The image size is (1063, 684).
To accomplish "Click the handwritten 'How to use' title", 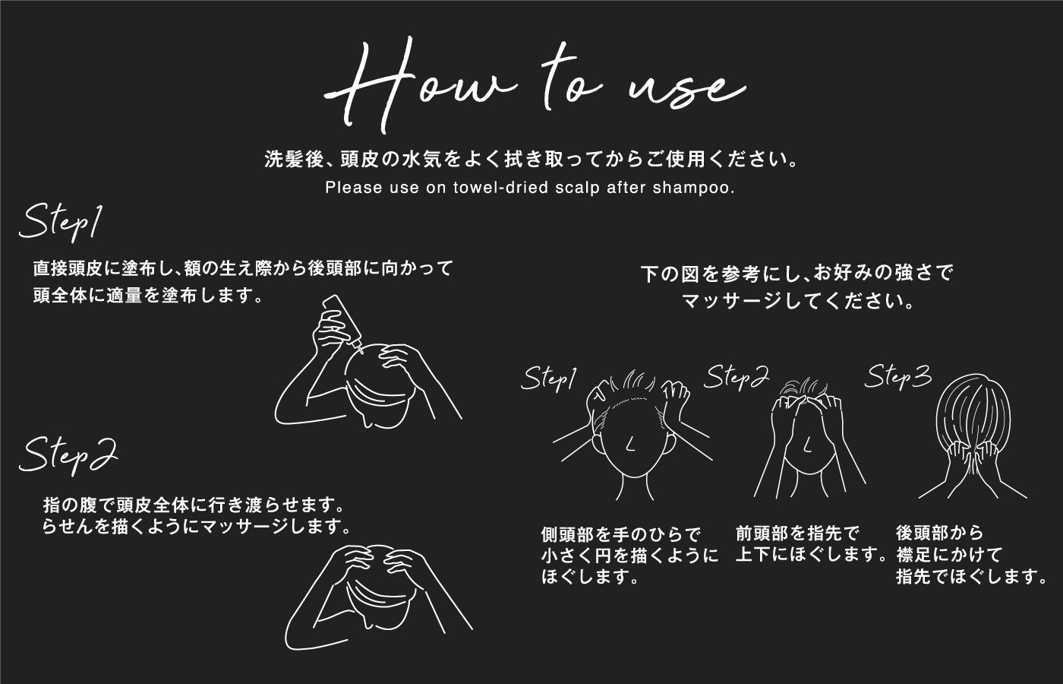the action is coord(535,85).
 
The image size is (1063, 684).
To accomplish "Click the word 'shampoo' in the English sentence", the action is coord(690,188).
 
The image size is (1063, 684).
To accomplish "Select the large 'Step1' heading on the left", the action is coord(60,223).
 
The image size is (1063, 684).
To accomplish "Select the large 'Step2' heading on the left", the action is coord(68,455).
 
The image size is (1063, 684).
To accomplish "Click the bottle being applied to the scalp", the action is coord(342,322).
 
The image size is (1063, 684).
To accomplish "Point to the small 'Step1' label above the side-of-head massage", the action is coord(548,379).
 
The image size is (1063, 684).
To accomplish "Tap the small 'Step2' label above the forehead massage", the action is coord(736,378).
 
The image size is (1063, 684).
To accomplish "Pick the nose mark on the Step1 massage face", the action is coord(630,443).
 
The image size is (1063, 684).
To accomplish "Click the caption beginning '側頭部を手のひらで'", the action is coord(629,556).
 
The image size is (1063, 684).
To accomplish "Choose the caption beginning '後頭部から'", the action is coord(971,555).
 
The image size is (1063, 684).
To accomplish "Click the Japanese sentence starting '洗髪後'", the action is coord(531,160).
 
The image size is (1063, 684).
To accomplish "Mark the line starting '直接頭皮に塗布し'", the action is coord(243,268).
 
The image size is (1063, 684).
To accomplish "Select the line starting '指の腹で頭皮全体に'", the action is coord(194,505).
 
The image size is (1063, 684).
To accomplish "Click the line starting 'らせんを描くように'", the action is coord(197,526).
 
